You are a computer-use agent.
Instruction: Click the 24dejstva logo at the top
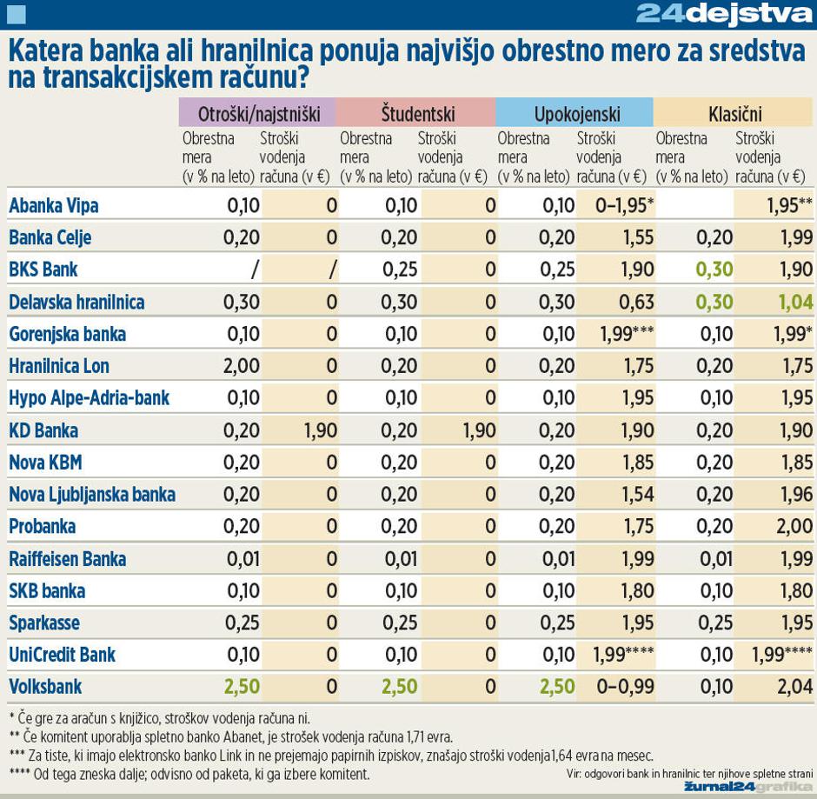[723, 13]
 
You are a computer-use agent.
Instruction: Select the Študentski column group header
[417, 113]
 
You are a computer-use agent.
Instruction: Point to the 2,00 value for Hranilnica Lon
[242, 366]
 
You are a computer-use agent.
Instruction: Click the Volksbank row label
[45, 687]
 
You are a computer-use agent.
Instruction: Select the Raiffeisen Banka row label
[67, 559]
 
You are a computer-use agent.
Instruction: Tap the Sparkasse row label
[44, 623]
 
